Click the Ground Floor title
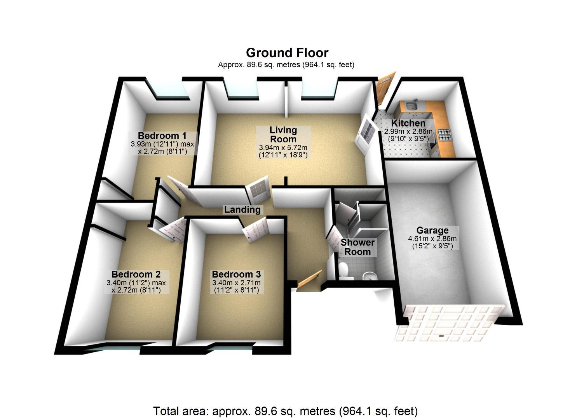(x=287, y=53)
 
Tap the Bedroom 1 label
(x=162, y=136)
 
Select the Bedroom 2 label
(x=136, y=274)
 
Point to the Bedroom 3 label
(x=236, y=274)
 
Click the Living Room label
(x=283, y=135)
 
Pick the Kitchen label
(x=408, y=123)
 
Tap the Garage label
(x=432, y=230)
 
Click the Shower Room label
(x=357, y=247)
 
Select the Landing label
(x=242, y=210)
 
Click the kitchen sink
(x=410, y=105)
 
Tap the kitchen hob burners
(x=445, y=135)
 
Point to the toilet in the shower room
(x=343, y=270)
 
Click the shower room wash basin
(x=370, y=276)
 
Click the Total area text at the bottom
(x=285, y=411)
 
